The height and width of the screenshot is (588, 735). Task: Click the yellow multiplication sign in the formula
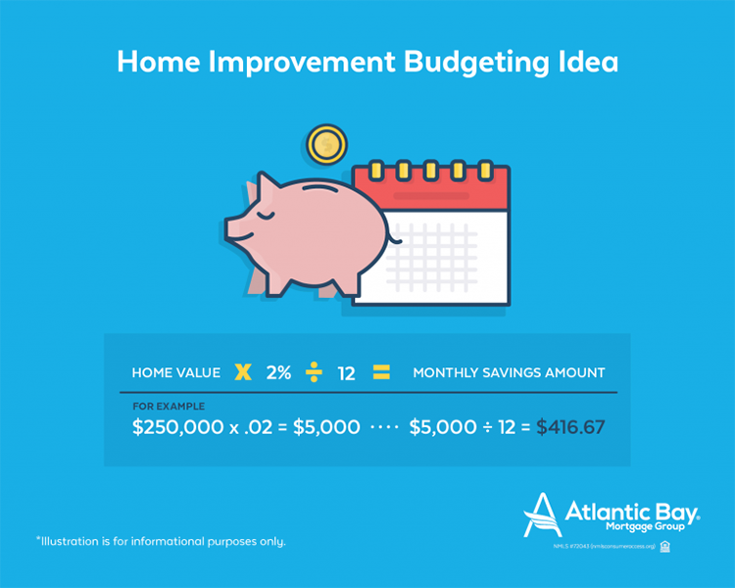tap(243, 372)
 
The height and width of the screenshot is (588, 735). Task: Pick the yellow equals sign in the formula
tap(381, 372)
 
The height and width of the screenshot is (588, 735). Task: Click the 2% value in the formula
tap(278, 373)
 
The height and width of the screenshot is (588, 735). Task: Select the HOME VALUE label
tap(175, 373)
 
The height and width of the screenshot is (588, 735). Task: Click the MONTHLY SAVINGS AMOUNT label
tap(509, 373)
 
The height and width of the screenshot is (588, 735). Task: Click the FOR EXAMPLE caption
tap(169, 406)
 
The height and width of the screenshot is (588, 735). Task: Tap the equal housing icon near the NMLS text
tap(665, 546)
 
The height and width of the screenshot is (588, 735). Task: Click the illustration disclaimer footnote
tap(161, 541)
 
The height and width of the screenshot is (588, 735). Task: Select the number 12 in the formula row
tap(346, 373)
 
